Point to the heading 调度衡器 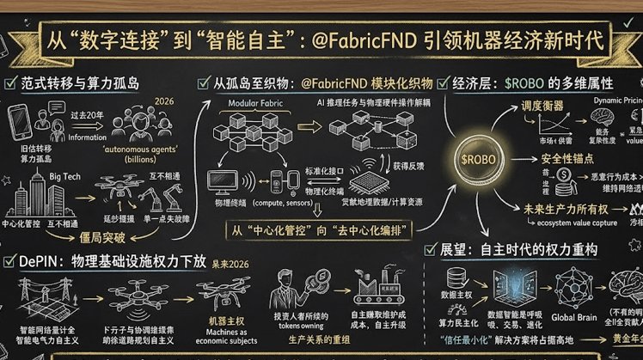coord(542,106)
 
